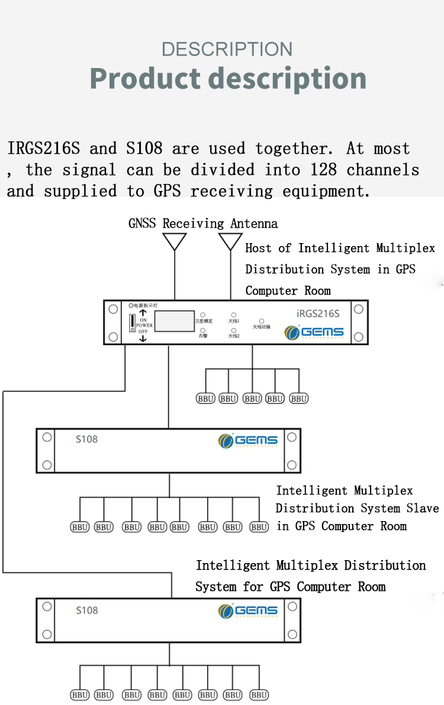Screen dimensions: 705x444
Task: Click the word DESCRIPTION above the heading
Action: click(227, 49)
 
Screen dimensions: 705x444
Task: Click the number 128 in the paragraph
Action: click(323, 170)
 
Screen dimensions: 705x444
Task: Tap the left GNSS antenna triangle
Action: click(175, 241)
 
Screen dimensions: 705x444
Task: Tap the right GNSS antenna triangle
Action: click(230, 241)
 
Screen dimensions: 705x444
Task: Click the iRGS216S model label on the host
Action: click(317, 313)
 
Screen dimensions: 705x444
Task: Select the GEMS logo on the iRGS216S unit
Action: click(314, 332)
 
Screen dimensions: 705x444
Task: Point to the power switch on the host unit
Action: click(131, 323)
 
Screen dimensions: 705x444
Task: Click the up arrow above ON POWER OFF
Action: click(143, 312)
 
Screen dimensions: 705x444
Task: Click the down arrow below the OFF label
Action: click(143, 339)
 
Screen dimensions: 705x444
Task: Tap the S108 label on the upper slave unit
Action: click(86, 439)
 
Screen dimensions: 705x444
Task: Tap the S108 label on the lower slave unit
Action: click(86, 610)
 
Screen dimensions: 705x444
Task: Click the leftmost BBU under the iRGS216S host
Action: click(205, 399)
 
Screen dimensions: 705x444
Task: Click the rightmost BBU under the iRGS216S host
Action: click(299, 399)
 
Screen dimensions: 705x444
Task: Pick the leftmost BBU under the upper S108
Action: click(80, 527)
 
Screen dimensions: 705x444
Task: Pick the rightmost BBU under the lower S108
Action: click(259, 695)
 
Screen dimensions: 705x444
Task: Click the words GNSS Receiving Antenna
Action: click(203, 224)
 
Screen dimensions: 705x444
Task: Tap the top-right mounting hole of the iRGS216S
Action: click(358, 309)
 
